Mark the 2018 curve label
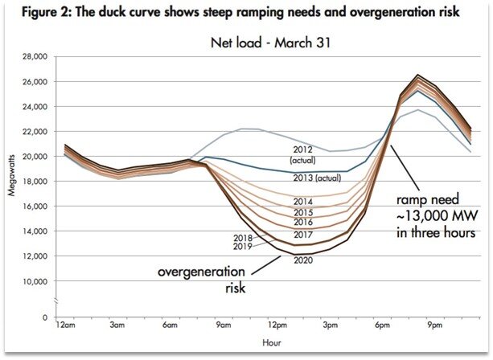tap(243, 238)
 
